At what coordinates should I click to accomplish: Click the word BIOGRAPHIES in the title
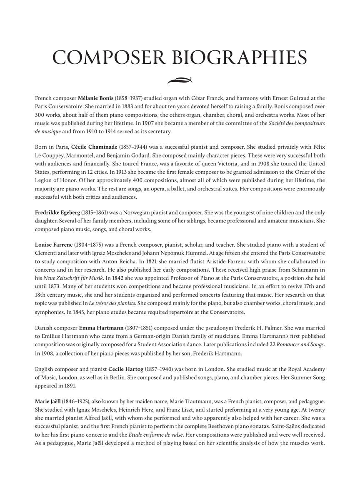pyautogui.click(x=235, y=57)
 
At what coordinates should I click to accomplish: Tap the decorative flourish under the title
pyautogui.click(x=180, y=80)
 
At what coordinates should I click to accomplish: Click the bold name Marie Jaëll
pyautogui.click(x=48, y=402)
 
